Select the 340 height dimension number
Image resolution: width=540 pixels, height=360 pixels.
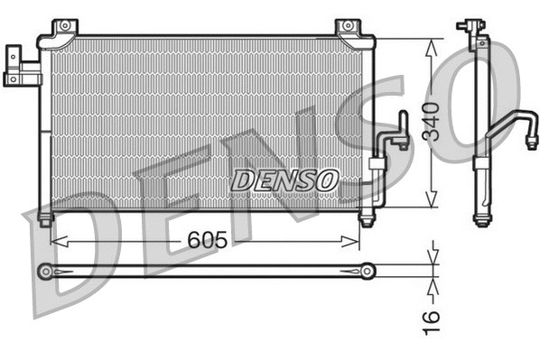(x=432, y=123)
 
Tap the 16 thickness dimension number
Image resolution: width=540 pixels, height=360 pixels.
(x=432, y=317)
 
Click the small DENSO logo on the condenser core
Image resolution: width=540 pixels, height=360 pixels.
(x=284, y=180)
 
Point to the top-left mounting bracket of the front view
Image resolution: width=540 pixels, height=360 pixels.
(x=62, y=30)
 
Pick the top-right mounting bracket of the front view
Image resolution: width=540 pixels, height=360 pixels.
(x=349, y=29)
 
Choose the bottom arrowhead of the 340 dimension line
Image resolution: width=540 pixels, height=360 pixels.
(x=435, y=202)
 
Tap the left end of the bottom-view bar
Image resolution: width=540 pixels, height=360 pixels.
(x=45, y=270)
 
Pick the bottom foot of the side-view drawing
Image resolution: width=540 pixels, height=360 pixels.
(x=482, y=218)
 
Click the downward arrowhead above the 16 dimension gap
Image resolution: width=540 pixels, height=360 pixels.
(x=434, y=257)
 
